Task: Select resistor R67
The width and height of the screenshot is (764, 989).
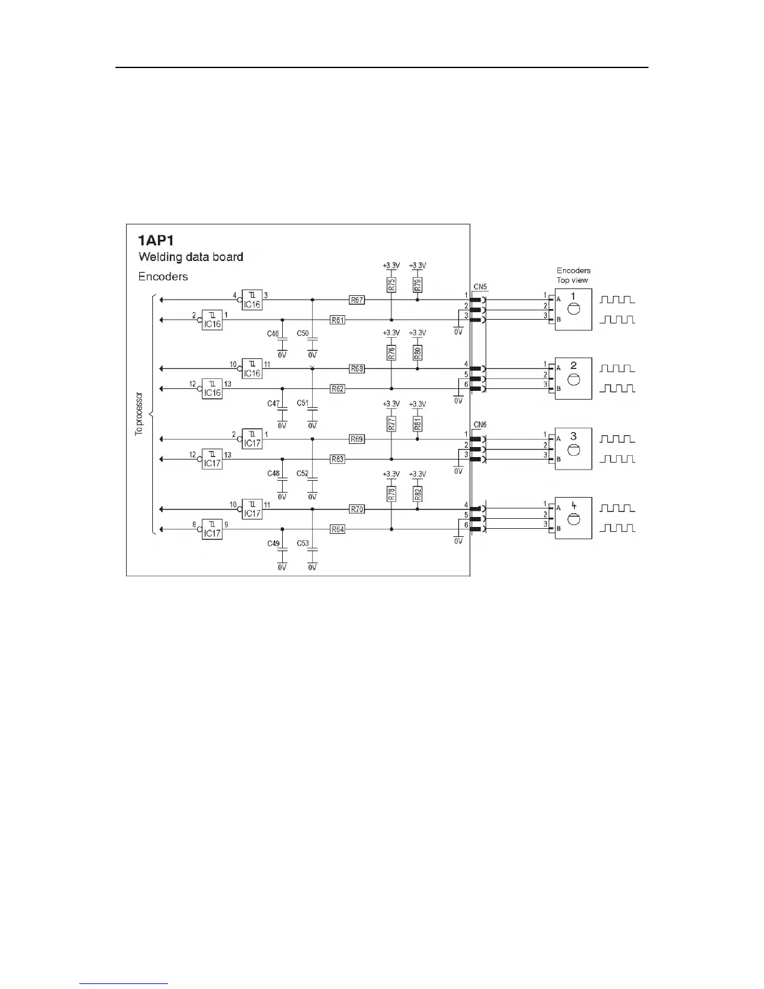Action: [x=356, y=300]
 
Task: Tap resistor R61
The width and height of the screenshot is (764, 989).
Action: [x=338, y=320]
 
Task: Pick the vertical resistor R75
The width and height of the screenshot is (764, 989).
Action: [x=391, y=285]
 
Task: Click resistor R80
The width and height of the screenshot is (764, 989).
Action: [x=418, y=353]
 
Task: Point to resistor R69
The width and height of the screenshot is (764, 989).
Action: [x=356, y=439]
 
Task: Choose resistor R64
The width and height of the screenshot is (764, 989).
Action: [x=338, y=529]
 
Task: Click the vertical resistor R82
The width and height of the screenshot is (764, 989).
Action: [x=418, y=494]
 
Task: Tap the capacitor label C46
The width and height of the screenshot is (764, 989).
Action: [x=273, y=334]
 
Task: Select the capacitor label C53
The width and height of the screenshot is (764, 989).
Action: [x=303, y=543]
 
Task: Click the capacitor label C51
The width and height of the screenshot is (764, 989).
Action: [x=303, y=403]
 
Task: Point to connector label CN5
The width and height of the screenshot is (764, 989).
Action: [x=480, y=287]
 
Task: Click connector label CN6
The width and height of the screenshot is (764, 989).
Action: [x=480, y=425]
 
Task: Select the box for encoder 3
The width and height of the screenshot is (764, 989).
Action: [x=573, y=448]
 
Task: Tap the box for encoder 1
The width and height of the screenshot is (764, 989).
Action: [x=573, y=309]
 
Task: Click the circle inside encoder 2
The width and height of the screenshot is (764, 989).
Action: [x=574, y=380]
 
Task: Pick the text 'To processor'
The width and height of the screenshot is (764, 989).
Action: [x=139, y=413]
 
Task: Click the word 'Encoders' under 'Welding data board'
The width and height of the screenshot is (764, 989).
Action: [x=163, y=276]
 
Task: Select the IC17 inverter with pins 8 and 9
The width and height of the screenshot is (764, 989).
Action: [x=212, y=529]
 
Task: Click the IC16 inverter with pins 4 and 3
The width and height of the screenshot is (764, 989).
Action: [x=252, y=300]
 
